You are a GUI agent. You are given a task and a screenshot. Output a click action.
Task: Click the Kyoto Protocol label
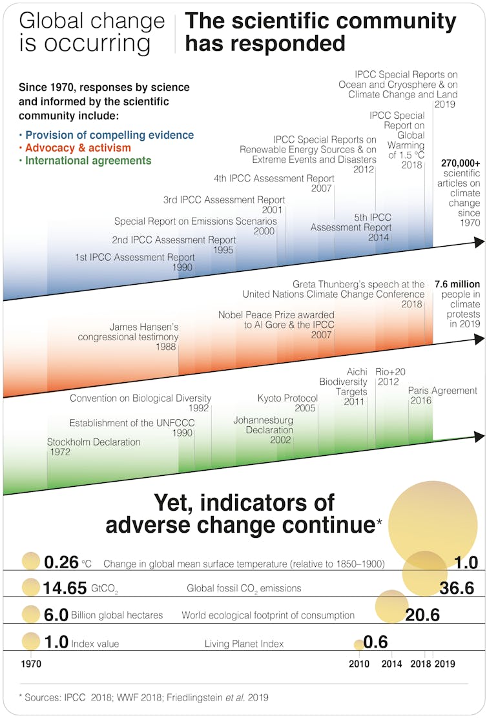[x=287, y=398]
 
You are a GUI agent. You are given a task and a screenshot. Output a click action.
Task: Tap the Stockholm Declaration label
[x=93, y=442]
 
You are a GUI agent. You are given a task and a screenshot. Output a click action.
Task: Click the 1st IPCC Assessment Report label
[x=134, y=258]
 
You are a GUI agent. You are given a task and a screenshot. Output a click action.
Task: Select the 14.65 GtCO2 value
[x=65, y=588]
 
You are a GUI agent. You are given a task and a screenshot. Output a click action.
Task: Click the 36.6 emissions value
[x=456, y=588]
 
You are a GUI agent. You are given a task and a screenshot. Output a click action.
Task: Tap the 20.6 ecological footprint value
[x=422, y=615]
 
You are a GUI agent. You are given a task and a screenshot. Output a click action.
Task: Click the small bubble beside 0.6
[x=358, y=644]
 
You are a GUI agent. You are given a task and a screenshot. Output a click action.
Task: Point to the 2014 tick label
[x=391, y=664]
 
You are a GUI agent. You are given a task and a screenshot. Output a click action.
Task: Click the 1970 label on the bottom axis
[x=31, y=664]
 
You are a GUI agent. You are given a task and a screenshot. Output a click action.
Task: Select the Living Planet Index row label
[x=244, y=644]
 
